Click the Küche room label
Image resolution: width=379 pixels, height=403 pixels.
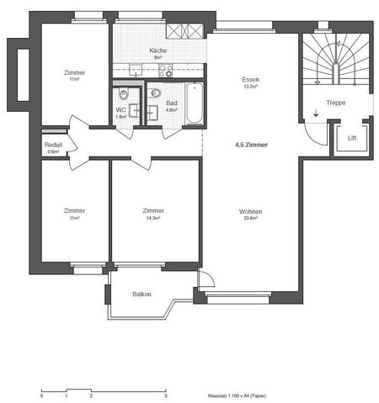pos(157,50)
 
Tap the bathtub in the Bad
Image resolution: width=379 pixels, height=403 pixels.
pos(192,103)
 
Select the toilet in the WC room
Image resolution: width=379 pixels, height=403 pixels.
pos(124,94)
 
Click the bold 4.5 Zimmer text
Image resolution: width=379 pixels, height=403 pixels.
pos(251,145)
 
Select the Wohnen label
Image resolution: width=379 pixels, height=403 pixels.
pos(250,210)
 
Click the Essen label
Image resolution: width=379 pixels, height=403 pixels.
pos(250,78)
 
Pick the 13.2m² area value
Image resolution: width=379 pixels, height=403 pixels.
pos(250,86)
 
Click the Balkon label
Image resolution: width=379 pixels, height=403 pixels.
pos(141,294)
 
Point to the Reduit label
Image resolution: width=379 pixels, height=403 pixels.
pos(53,145)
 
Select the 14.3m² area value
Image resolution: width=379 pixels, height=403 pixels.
pos(152,218)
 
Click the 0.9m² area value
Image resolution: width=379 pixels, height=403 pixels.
pos(53,151)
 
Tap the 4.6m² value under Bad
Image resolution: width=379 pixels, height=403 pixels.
pos(171,109)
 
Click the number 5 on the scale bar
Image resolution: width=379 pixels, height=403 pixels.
pos(166,395)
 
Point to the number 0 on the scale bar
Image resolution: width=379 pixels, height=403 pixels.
pos(41,395)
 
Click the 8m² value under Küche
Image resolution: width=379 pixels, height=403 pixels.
pos(157,58)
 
